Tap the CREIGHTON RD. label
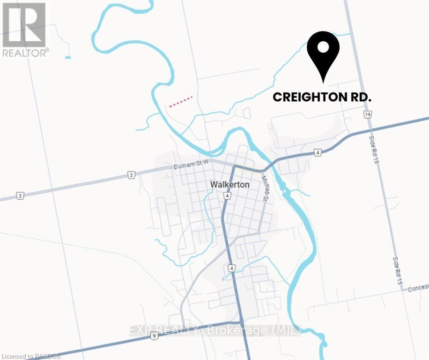coord(322,97)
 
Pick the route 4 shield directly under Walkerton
coord(227,195)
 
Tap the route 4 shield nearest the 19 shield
coord(318,152)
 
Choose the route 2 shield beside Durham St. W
coord(132,175)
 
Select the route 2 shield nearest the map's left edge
coord(20,195)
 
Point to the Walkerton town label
coord(229,185)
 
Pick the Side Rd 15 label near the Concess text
coord(398,270)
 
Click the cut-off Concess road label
coord(418,287)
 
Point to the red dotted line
coord(181,102)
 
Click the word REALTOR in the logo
coord(25,52)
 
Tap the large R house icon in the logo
coord(23,24)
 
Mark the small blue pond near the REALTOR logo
coord(68,58)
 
